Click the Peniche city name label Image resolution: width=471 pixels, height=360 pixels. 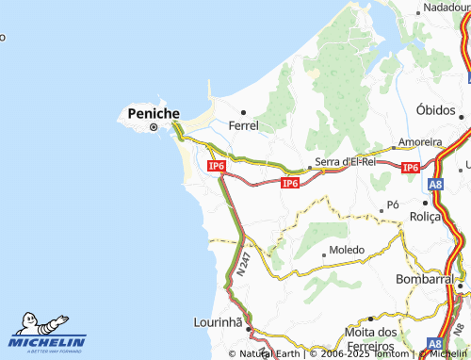point(153,113)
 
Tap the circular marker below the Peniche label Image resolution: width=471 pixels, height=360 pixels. point(153,128)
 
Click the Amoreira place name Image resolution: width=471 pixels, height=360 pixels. point(420,142)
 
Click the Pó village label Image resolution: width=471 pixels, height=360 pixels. point(394,205)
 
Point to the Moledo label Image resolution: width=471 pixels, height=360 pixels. point(348,250)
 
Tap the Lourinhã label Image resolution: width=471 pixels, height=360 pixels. point(218,321)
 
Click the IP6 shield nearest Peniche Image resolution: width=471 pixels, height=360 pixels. point(217,166)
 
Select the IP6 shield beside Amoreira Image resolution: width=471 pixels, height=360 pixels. point(409,168)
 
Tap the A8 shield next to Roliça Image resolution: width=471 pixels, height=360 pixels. point(435,187)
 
